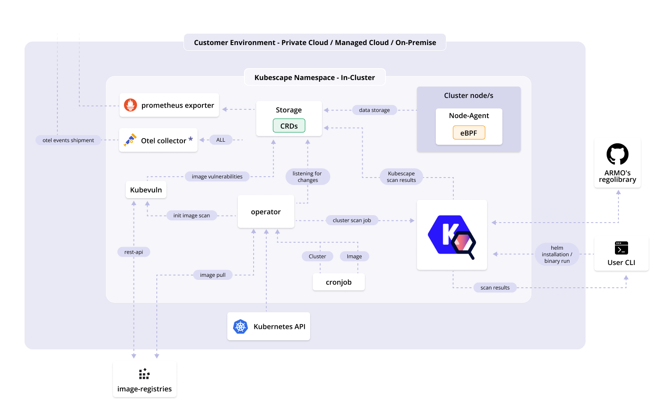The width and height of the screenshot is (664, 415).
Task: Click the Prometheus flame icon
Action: [x=131, y=105]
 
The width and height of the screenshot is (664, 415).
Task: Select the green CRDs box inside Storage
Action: [x=289, y=126]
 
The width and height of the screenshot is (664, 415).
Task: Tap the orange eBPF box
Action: [x=469, y=133]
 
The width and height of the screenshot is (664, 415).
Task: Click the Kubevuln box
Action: [x=146, y=190]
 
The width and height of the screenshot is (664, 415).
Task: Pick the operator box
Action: [x=266, y=212]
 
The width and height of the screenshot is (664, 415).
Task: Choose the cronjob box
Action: [x=339, y=282]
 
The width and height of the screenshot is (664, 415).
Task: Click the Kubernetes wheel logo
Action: [x=240, y=326]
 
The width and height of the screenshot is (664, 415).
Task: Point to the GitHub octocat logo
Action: [x=618, y=154]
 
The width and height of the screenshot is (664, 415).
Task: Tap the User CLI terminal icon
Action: [x=621, y=248]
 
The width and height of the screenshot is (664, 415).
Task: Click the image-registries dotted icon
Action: [x=144, y=374]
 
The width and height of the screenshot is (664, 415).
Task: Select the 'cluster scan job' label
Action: [x=352, y=220]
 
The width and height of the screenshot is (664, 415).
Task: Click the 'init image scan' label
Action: [x=191, y=216]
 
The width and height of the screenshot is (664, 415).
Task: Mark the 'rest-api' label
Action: [x=134, y=252]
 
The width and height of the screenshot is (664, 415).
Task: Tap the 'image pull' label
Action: [x=213, y=275]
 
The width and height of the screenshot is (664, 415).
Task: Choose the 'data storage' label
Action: [x=374, y=110]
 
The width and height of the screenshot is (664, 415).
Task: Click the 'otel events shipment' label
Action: [x=68, y=140]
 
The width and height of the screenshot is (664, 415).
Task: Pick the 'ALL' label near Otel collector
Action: [x=221, y=140]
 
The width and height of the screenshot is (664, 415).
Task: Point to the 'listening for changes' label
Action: [x=307, y=177]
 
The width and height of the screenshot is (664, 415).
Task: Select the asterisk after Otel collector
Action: [x=191, y=139]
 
